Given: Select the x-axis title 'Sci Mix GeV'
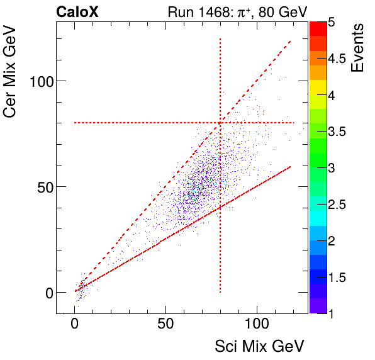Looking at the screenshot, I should coord(260,346).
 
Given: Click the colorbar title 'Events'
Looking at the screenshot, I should coord(358,48).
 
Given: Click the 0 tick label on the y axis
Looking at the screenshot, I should coord(48,293).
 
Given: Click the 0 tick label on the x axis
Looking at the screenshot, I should coord(75,326).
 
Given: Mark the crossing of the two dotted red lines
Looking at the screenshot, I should coord(220,123).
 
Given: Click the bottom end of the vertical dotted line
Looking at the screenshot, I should coord(220,292).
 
